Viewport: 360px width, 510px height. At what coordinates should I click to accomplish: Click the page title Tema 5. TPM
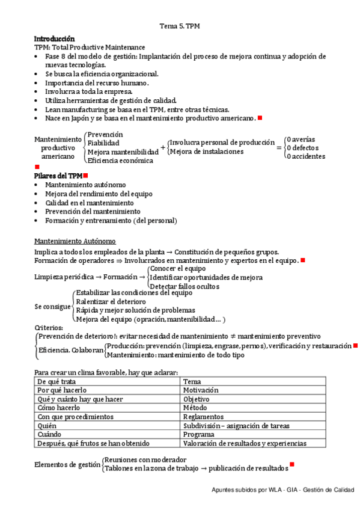click(x=180, y=26)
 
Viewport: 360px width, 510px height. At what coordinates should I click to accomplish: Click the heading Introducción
click(x=54, y=38)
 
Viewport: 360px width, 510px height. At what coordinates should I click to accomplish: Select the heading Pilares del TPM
click(x=58, y=175)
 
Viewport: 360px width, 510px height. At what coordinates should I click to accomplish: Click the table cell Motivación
click(x=202, y=390)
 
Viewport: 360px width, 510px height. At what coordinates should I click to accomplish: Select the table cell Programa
click(x=198, y=434)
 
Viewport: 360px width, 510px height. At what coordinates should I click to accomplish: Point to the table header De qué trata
click(x=56, y=381)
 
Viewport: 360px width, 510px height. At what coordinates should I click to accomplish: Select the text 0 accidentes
click(x=306, y=156)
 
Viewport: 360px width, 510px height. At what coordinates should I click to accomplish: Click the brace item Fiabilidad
click(x=103, y=143)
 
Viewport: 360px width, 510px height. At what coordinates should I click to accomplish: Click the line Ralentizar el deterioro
click(x=111, y=301)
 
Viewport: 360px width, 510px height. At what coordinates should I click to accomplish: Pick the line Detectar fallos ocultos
click(x=184, y=286)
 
